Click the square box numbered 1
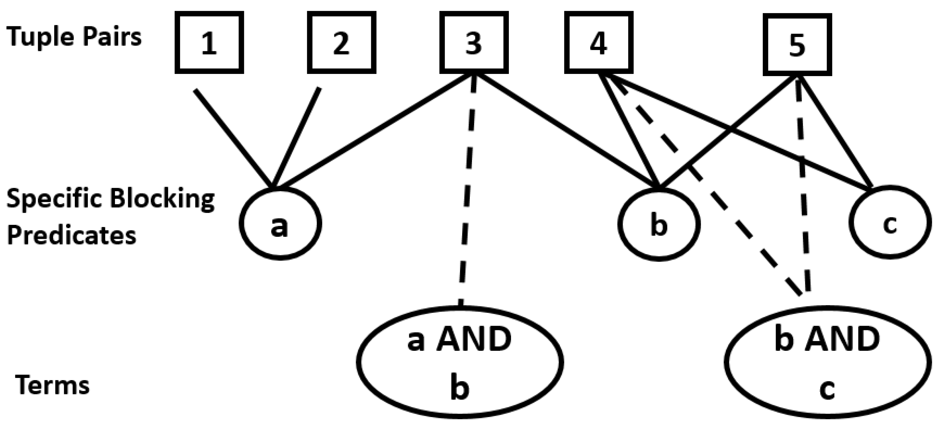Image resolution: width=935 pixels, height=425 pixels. [209, 42]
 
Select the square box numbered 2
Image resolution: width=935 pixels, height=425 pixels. [341, 42]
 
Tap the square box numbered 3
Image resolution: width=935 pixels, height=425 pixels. [474, 42]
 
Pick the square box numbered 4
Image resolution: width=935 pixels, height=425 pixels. [599, 42]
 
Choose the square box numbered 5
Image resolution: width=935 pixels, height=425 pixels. [797, 45]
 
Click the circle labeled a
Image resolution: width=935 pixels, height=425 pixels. [280, 223]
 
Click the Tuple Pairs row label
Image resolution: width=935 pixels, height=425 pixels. [74, 37]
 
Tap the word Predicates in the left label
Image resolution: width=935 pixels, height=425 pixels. [71, 235]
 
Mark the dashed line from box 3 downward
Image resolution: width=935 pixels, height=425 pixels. [468, 192]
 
